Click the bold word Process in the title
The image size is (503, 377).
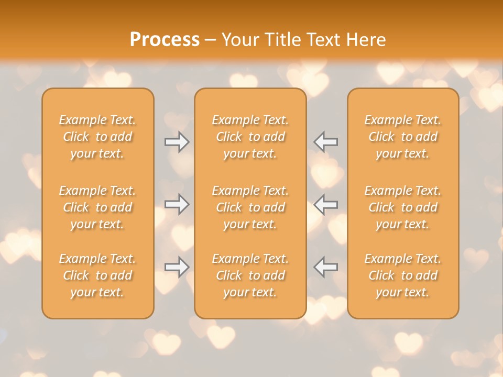[165, 40]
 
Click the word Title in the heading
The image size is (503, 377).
[283, 40]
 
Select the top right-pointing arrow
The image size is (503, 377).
[177, 142]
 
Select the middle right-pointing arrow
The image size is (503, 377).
[177, 204]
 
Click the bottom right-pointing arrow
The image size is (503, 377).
[177, 267]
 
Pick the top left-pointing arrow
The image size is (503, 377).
[325, 142]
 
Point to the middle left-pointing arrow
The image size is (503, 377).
[325, 204]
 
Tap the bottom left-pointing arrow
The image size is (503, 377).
[325, 267]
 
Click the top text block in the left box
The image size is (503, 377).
[97, 137]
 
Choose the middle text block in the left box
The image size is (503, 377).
[97, 207]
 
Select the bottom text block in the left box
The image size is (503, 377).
[97, 275]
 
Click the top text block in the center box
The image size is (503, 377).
[250, 137]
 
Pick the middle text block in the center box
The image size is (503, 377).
[250, 207]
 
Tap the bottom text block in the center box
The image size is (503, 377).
[250, 275]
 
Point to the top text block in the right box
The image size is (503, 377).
[403, 137]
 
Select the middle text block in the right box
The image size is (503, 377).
[403, 207]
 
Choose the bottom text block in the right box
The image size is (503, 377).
[403, 275]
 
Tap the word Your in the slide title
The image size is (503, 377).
[240, 40]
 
